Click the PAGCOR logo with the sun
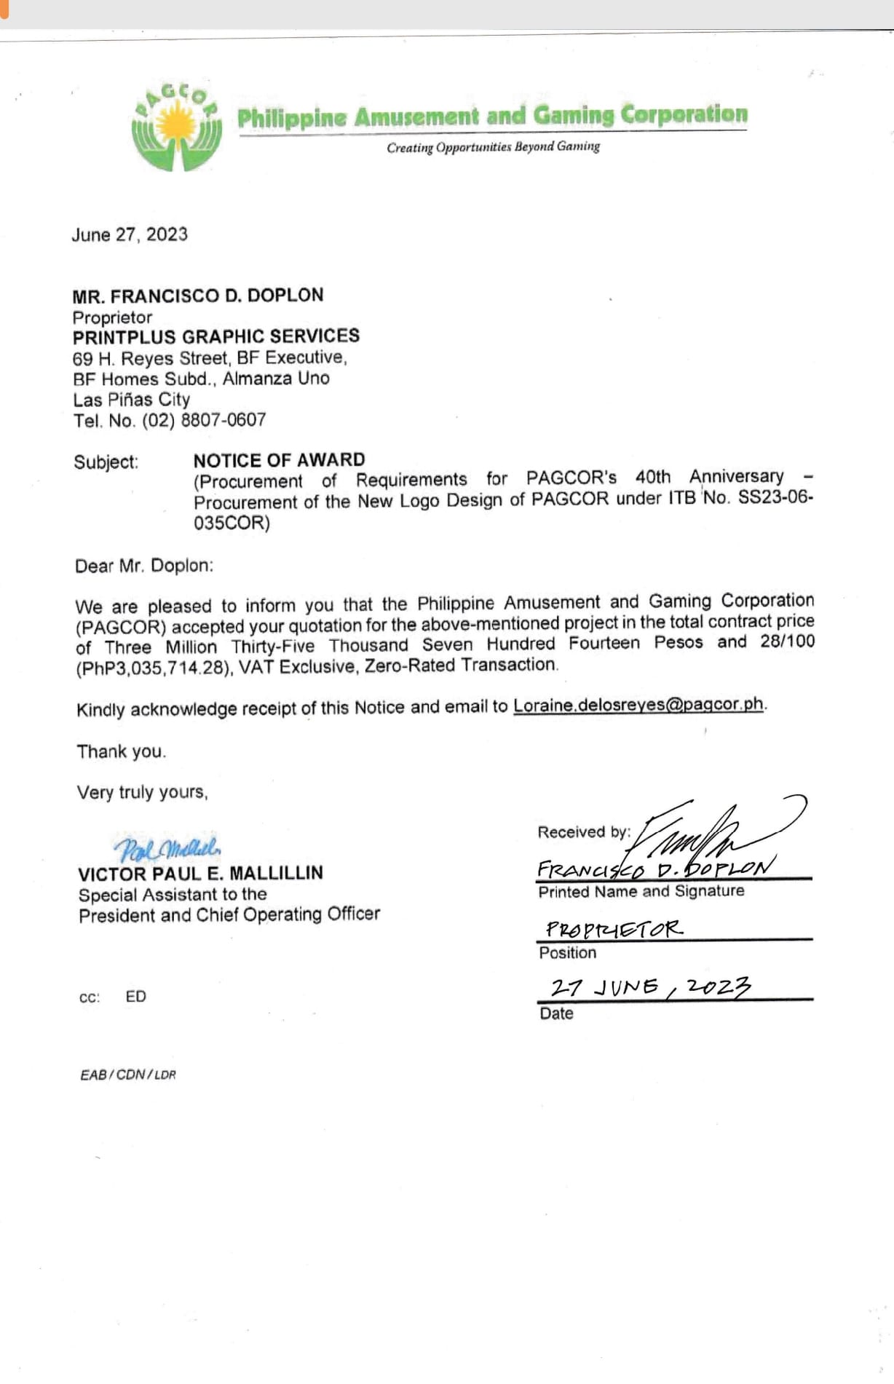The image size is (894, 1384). point(177,127)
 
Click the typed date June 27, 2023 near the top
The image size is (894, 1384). point(130,234)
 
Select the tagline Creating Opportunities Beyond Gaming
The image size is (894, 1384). point(493,147)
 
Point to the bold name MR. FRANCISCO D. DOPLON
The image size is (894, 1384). point(197,296)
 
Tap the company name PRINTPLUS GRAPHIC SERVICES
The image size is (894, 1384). point(216,336)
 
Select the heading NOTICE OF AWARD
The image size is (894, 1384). point(279,460)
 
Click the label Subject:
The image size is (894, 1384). point(106,462)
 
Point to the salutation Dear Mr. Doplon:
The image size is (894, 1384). point(144,566)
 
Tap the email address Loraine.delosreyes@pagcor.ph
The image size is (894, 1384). point(638,705)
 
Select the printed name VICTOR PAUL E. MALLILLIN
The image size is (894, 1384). point(200,873)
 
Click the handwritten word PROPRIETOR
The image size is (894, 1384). point(614,929)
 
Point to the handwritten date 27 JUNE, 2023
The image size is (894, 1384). point(650,987)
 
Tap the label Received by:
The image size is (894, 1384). point(584,832)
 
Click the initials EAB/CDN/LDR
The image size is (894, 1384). point(128,1075)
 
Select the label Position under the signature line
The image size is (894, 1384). point(567,953)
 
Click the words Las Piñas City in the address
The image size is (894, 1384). point(131,400)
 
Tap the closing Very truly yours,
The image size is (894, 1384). point(143,792)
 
